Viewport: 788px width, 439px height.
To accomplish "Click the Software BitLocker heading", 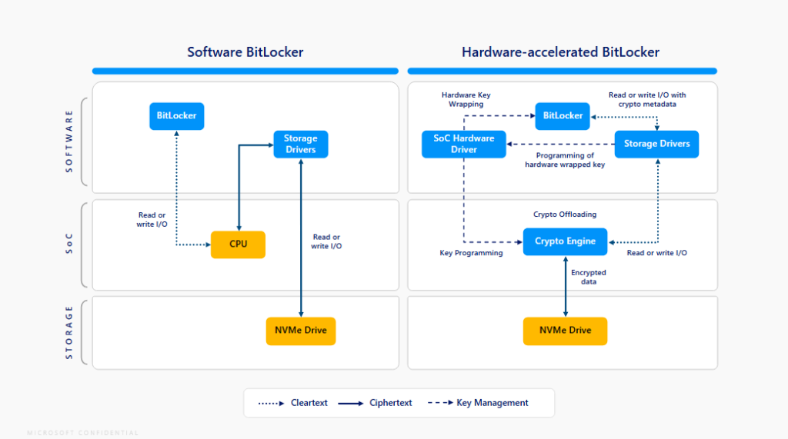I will pos(245,52).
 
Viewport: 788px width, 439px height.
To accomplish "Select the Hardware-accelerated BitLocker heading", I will pos(560,52).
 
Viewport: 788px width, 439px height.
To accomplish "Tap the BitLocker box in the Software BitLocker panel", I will pos(176,116).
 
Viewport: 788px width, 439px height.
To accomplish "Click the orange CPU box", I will pos(238,244).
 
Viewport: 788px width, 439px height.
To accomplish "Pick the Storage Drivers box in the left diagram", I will pos(300,144).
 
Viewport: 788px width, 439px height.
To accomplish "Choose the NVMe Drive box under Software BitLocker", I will pos(300,331).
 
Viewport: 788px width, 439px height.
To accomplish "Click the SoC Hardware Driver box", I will pos(463,144).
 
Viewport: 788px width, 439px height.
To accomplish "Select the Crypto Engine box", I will pos(565,241).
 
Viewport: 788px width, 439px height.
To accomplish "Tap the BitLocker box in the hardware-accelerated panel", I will pos(563,116).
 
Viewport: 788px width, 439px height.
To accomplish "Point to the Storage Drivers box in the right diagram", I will pos(656,144).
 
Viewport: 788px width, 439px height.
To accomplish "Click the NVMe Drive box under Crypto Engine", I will pos(565,331).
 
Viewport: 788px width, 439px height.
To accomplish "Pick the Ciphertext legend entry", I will pos(376,403).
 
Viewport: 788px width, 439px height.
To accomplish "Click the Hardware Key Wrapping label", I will pos(466,100).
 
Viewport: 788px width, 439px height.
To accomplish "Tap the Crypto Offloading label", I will pos(565,215).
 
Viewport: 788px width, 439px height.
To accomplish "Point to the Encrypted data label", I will pos(588,277).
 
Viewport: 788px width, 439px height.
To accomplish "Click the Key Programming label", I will pos(471,253).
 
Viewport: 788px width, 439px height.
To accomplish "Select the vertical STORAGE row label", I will pos(69,332).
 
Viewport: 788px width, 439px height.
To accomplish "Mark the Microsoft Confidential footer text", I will pos(82,433).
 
